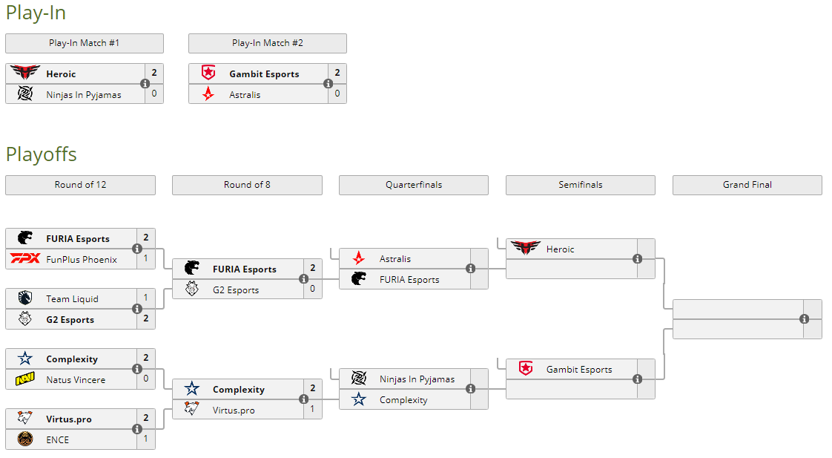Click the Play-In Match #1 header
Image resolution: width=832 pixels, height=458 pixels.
click(x=84, y=43)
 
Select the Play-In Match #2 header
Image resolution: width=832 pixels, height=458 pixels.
click(x=267, y=43)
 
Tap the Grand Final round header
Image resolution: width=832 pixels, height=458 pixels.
click(x=747, y=185)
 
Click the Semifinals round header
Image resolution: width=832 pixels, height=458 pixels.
click(x=580, y=185)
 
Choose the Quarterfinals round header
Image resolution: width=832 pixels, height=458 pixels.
click(x=413, y=185)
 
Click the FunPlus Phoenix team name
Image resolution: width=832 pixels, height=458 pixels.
click(x=82, y=260)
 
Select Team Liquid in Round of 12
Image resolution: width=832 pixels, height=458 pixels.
click(x=72, y=299)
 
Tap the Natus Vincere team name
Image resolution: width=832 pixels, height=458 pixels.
click(x=76, y=380)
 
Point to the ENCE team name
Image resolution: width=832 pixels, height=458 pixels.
click(x=58, y=439)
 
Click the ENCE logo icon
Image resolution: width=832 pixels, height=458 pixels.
click(x=25, y=439)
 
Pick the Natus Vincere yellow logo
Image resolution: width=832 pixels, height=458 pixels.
click(x=25, y=380)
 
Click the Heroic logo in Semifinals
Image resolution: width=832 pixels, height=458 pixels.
click(x=526, y=249)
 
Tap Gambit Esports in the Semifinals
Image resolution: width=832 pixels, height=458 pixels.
click(x=579, y=370)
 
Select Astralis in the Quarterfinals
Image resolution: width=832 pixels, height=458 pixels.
click(x=394, y=259)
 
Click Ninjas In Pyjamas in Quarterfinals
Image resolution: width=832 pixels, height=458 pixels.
click(x=417, y=379)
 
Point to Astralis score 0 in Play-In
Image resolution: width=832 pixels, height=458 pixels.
click(x=337, y=94)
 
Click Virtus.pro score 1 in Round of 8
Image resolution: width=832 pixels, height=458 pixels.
click(x=312, y=410)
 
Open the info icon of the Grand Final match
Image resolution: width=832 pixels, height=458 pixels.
click(x=805, y=319)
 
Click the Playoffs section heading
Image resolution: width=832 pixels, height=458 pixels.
click(x=42, y=154)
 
